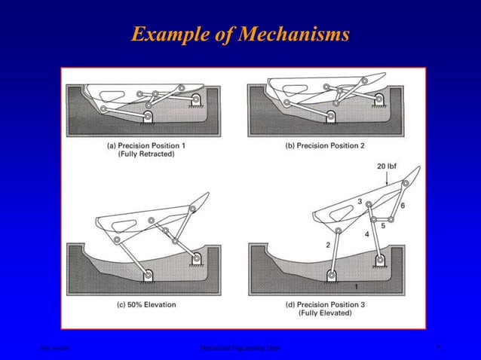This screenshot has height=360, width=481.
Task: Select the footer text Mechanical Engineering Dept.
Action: [x=240, y=348]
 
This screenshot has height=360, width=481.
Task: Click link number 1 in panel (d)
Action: [x=357, y=286]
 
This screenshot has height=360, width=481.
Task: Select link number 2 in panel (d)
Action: [x=328, y=246]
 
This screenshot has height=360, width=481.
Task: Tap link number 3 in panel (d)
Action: [x=360, y=202]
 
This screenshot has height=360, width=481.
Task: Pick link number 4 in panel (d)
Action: [x=366, y=234]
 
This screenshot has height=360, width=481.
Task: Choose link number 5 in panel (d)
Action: [x=383, y=225]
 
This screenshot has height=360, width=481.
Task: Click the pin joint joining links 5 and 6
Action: [x=391, y=218]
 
